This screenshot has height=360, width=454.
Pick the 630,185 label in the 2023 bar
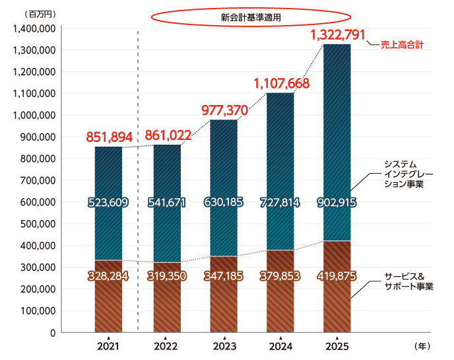pyautogui.click(x=224, y=202)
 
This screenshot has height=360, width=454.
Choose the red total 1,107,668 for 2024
pyautogui.click(x=282, y=84)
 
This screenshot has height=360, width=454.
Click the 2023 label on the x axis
pyautogui.click(x=224, y=346)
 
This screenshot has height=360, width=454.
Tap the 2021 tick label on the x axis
pyautogui.click(x=108, y=346)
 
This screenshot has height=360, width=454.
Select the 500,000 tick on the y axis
pyautogui.click(x=36, y=224)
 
